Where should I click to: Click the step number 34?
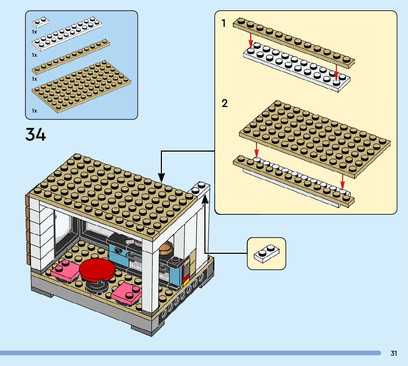coord(36,135)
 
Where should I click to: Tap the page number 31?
coord(394,353)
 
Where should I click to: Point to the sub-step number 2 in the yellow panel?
coord(224,104)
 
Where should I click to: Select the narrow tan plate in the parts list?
coord(71,56)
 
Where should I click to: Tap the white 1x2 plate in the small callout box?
coord(266,254)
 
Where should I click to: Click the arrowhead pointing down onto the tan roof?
coord(161,177)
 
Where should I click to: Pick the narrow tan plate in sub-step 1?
coord(294,42)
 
